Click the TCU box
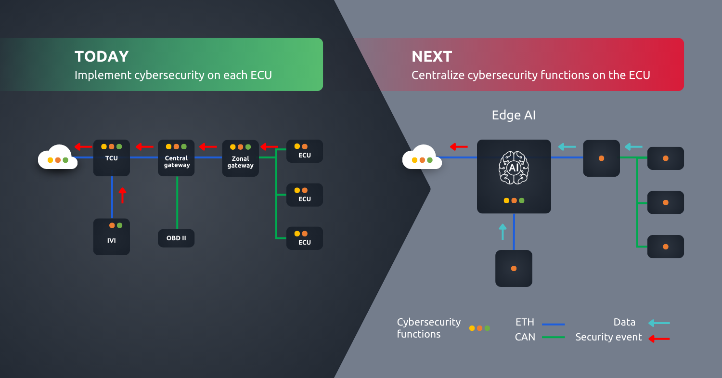pos(112,158)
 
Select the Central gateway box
pos(177,158)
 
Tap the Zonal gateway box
pos(240,158)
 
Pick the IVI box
pos(112,236)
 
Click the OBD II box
pos(176,238)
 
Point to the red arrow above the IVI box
pos(122,195)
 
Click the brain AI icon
pos(514,168)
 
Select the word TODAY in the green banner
pos(102,56)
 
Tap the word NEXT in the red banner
pos(432,56)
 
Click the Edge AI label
pos(514,115)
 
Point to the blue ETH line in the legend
pos(553,324)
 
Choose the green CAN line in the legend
pos(553,337)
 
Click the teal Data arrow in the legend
pos(658,323)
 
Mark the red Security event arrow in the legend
pos(658,339)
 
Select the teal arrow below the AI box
pos(503,231)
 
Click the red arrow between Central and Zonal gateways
pos(208,146)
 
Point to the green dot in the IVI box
pos(120,225)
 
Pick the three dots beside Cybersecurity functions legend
pos(479,328)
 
